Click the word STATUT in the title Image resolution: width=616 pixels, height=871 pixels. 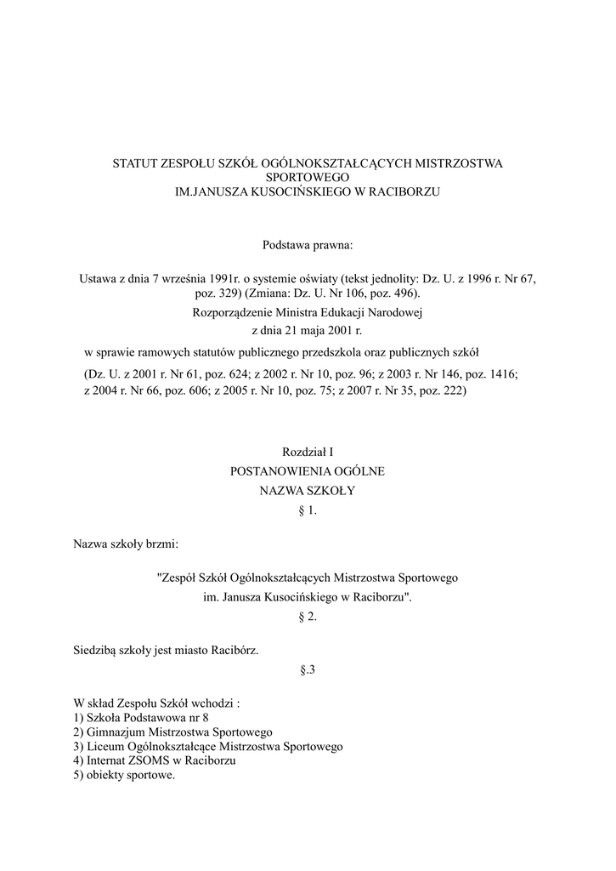134,162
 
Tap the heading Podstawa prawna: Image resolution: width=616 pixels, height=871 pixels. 308,246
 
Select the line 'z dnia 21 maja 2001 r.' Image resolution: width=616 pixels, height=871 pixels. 308,331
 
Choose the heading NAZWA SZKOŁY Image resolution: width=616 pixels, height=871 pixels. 308,491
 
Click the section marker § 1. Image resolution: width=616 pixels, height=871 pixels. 308,510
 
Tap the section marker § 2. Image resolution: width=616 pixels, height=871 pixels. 308,616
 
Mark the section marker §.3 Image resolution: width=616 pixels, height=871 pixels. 308,669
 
